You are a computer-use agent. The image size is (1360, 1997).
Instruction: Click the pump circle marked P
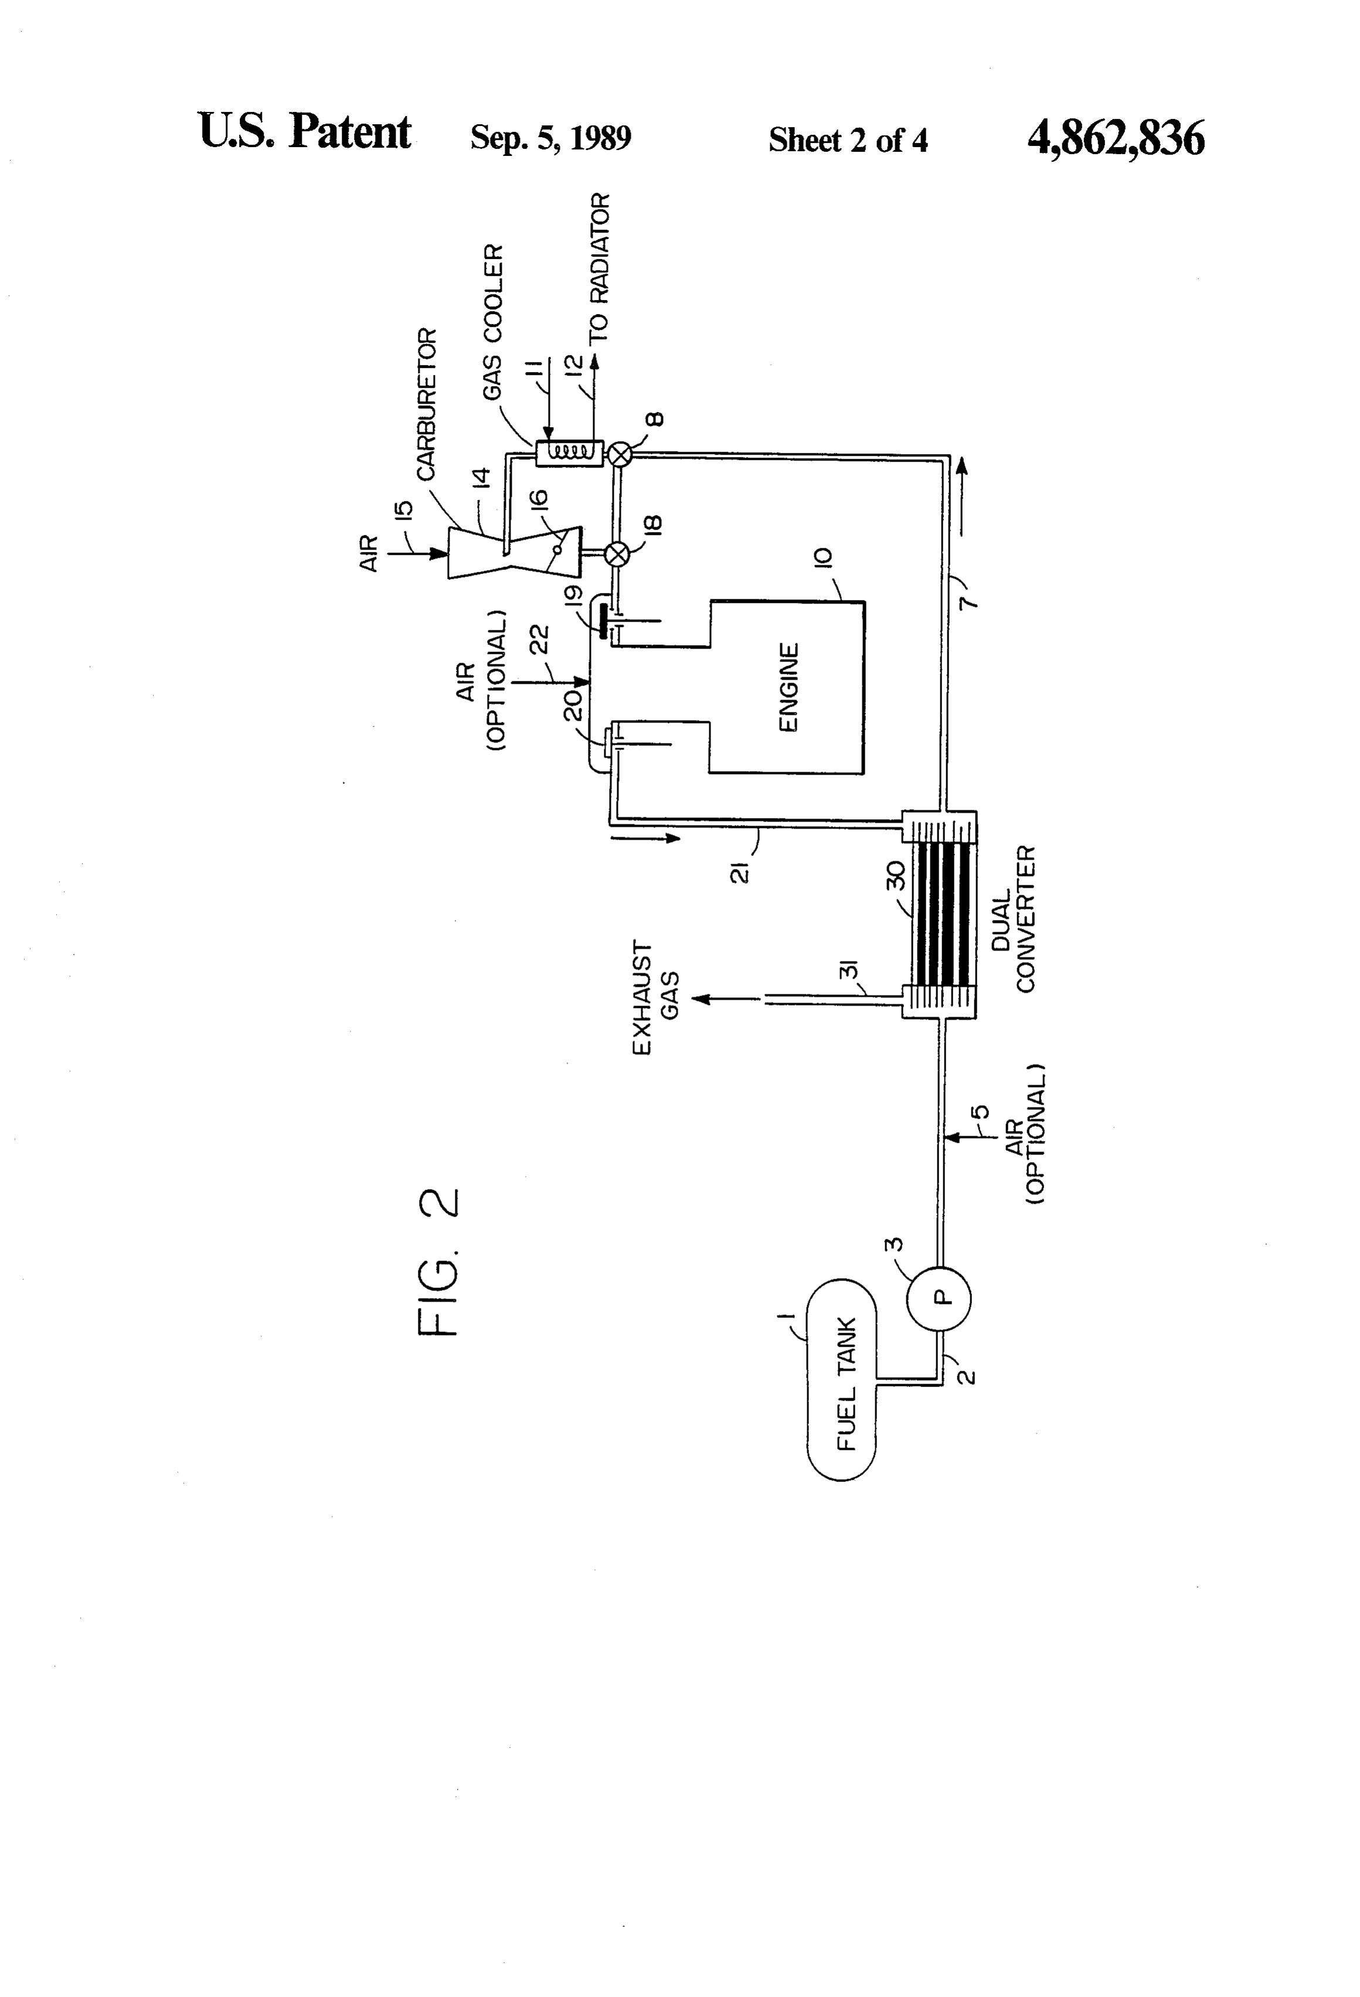pos(939,1297)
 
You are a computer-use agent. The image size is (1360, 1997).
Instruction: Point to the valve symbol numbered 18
pos(616,553)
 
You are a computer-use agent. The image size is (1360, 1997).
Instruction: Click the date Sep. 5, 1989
pos(550,138)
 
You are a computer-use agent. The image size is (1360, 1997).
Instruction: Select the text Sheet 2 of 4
pos(848,140)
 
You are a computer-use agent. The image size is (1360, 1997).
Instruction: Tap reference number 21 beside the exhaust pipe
pos(741,872)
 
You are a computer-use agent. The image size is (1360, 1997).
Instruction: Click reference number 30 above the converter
pos(895,875)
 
